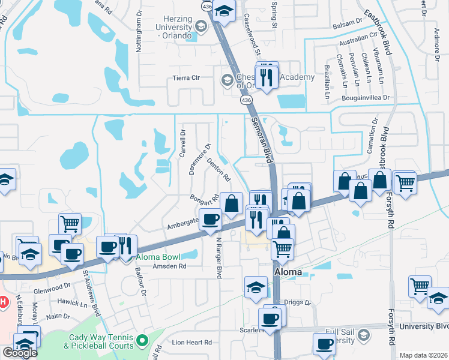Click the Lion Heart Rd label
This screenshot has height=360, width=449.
[x=192, y=342]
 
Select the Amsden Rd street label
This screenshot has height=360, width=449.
[x=170, y=266]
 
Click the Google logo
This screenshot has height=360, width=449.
[x=20, y=353]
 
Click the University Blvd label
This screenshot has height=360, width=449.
[x=427, y=326]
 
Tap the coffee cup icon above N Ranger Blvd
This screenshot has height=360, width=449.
[x=211, y=220]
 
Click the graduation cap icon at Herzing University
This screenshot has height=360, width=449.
[x=224, y=12]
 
